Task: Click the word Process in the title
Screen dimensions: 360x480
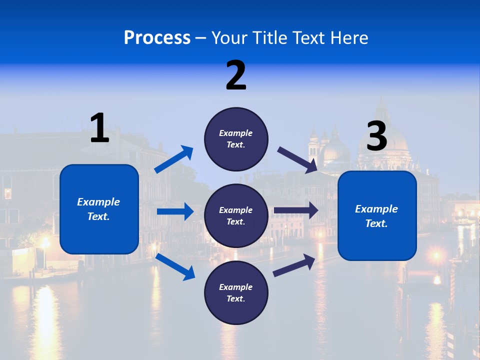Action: click(157, 37)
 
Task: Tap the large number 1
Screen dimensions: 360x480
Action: click(99, 128)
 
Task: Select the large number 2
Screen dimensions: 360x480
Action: click(236, 75)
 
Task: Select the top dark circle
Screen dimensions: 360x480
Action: click(236, 139)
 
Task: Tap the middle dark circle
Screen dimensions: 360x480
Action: click(236, 215)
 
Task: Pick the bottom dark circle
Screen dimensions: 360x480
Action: click(236, 292)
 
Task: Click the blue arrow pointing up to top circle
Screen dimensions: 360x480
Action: click(174, 159)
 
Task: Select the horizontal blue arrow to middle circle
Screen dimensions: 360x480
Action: click(175, 211)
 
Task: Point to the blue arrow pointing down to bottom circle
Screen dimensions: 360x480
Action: click(175, 266)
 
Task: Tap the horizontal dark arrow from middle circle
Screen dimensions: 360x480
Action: click(296, 210)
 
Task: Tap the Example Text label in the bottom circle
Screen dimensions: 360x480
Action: click(236, 292)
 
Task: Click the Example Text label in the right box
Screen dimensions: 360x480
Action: click(376, 216)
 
